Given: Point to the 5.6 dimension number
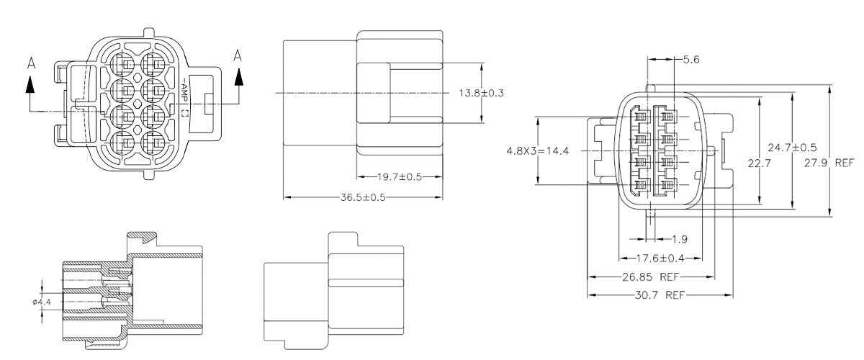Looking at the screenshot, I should pos(691,60).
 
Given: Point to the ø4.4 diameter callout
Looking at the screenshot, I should pos(41,301).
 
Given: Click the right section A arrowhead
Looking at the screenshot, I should pos(238,78).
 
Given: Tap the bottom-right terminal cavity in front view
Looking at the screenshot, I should pos(153,140).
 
